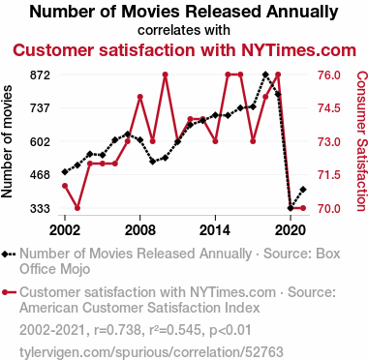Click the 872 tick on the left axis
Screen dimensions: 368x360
point(41,75)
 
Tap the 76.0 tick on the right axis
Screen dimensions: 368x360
point(328,75)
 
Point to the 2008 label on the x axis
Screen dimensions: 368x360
point(140,230)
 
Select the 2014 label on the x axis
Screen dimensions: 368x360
point(215,230)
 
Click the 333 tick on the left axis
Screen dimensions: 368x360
point(41,209)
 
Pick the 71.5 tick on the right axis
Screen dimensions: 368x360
point(328,175)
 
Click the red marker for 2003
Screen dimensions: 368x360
point(77,208)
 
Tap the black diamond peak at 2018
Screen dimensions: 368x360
point(265,75)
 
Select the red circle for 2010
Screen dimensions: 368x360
point(166,75)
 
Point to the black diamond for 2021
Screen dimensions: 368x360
point(303,190)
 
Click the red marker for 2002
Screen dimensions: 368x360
point(65,186)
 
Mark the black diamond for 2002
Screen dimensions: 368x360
point(65,172)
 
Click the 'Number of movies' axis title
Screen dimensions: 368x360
point(7,141)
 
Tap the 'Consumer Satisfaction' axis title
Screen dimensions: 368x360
point(361,141)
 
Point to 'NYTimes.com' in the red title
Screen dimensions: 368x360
point(298,50)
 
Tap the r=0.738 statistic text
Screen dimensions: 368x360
point(117,330)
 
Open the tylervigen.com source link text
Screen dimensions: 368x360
point(151,352)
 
